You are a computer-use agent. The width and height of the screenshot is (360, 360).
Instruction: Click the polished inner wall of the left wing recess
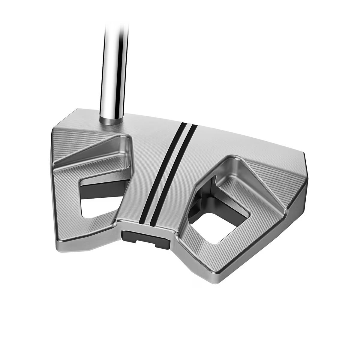click(x=127, y=150)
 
